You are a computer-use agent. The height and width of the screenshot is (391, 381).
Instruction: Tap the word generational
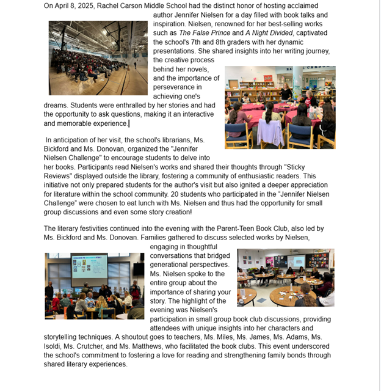coord(173,265)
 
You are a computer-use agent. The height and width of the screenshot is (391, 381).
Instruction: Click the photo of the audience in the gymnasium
coord(98,58)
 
